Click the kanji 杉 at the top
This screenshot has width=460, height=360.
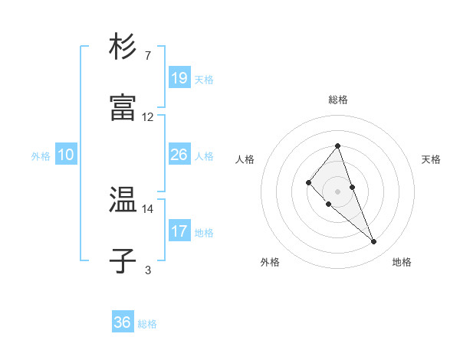click(123, 47)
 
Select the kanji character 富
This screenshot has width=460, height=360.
click(123, 108)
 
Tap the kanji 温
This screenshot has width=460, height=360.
click(123, 200)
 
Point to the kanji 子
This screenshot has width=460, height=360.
click(123, 261)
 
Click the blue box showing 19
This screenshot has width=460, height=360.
click(179, 78)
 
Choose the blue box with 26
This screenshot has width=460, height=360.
click(179, 155)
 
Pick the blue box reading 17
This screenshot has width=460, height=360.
click(179, 231)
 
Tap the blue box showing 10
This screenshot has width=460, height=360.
click(66, 155)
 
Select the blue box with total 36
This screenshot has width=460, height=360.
click(123, 322)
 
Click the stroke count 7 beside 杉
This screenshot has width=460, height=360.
click(148, 56)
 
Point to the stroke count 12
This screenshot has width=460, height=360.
click(148, 117)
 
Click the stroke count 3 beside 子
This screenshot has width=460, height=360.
click(148, 270)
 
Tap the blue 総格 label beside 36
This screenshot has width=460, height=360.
click(147, 324)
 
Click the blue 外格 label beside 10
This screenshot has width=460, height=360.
click(41, 156)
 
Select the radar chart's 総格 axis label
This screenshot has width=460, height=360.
click(338, 100)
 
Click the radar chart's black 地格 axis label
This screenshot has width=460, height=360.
click(402, 262)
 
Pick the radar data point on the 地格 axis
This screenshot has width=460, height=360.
click(374, 242)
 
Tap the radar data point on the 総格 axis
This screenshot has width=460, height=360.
click(338, 146)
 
